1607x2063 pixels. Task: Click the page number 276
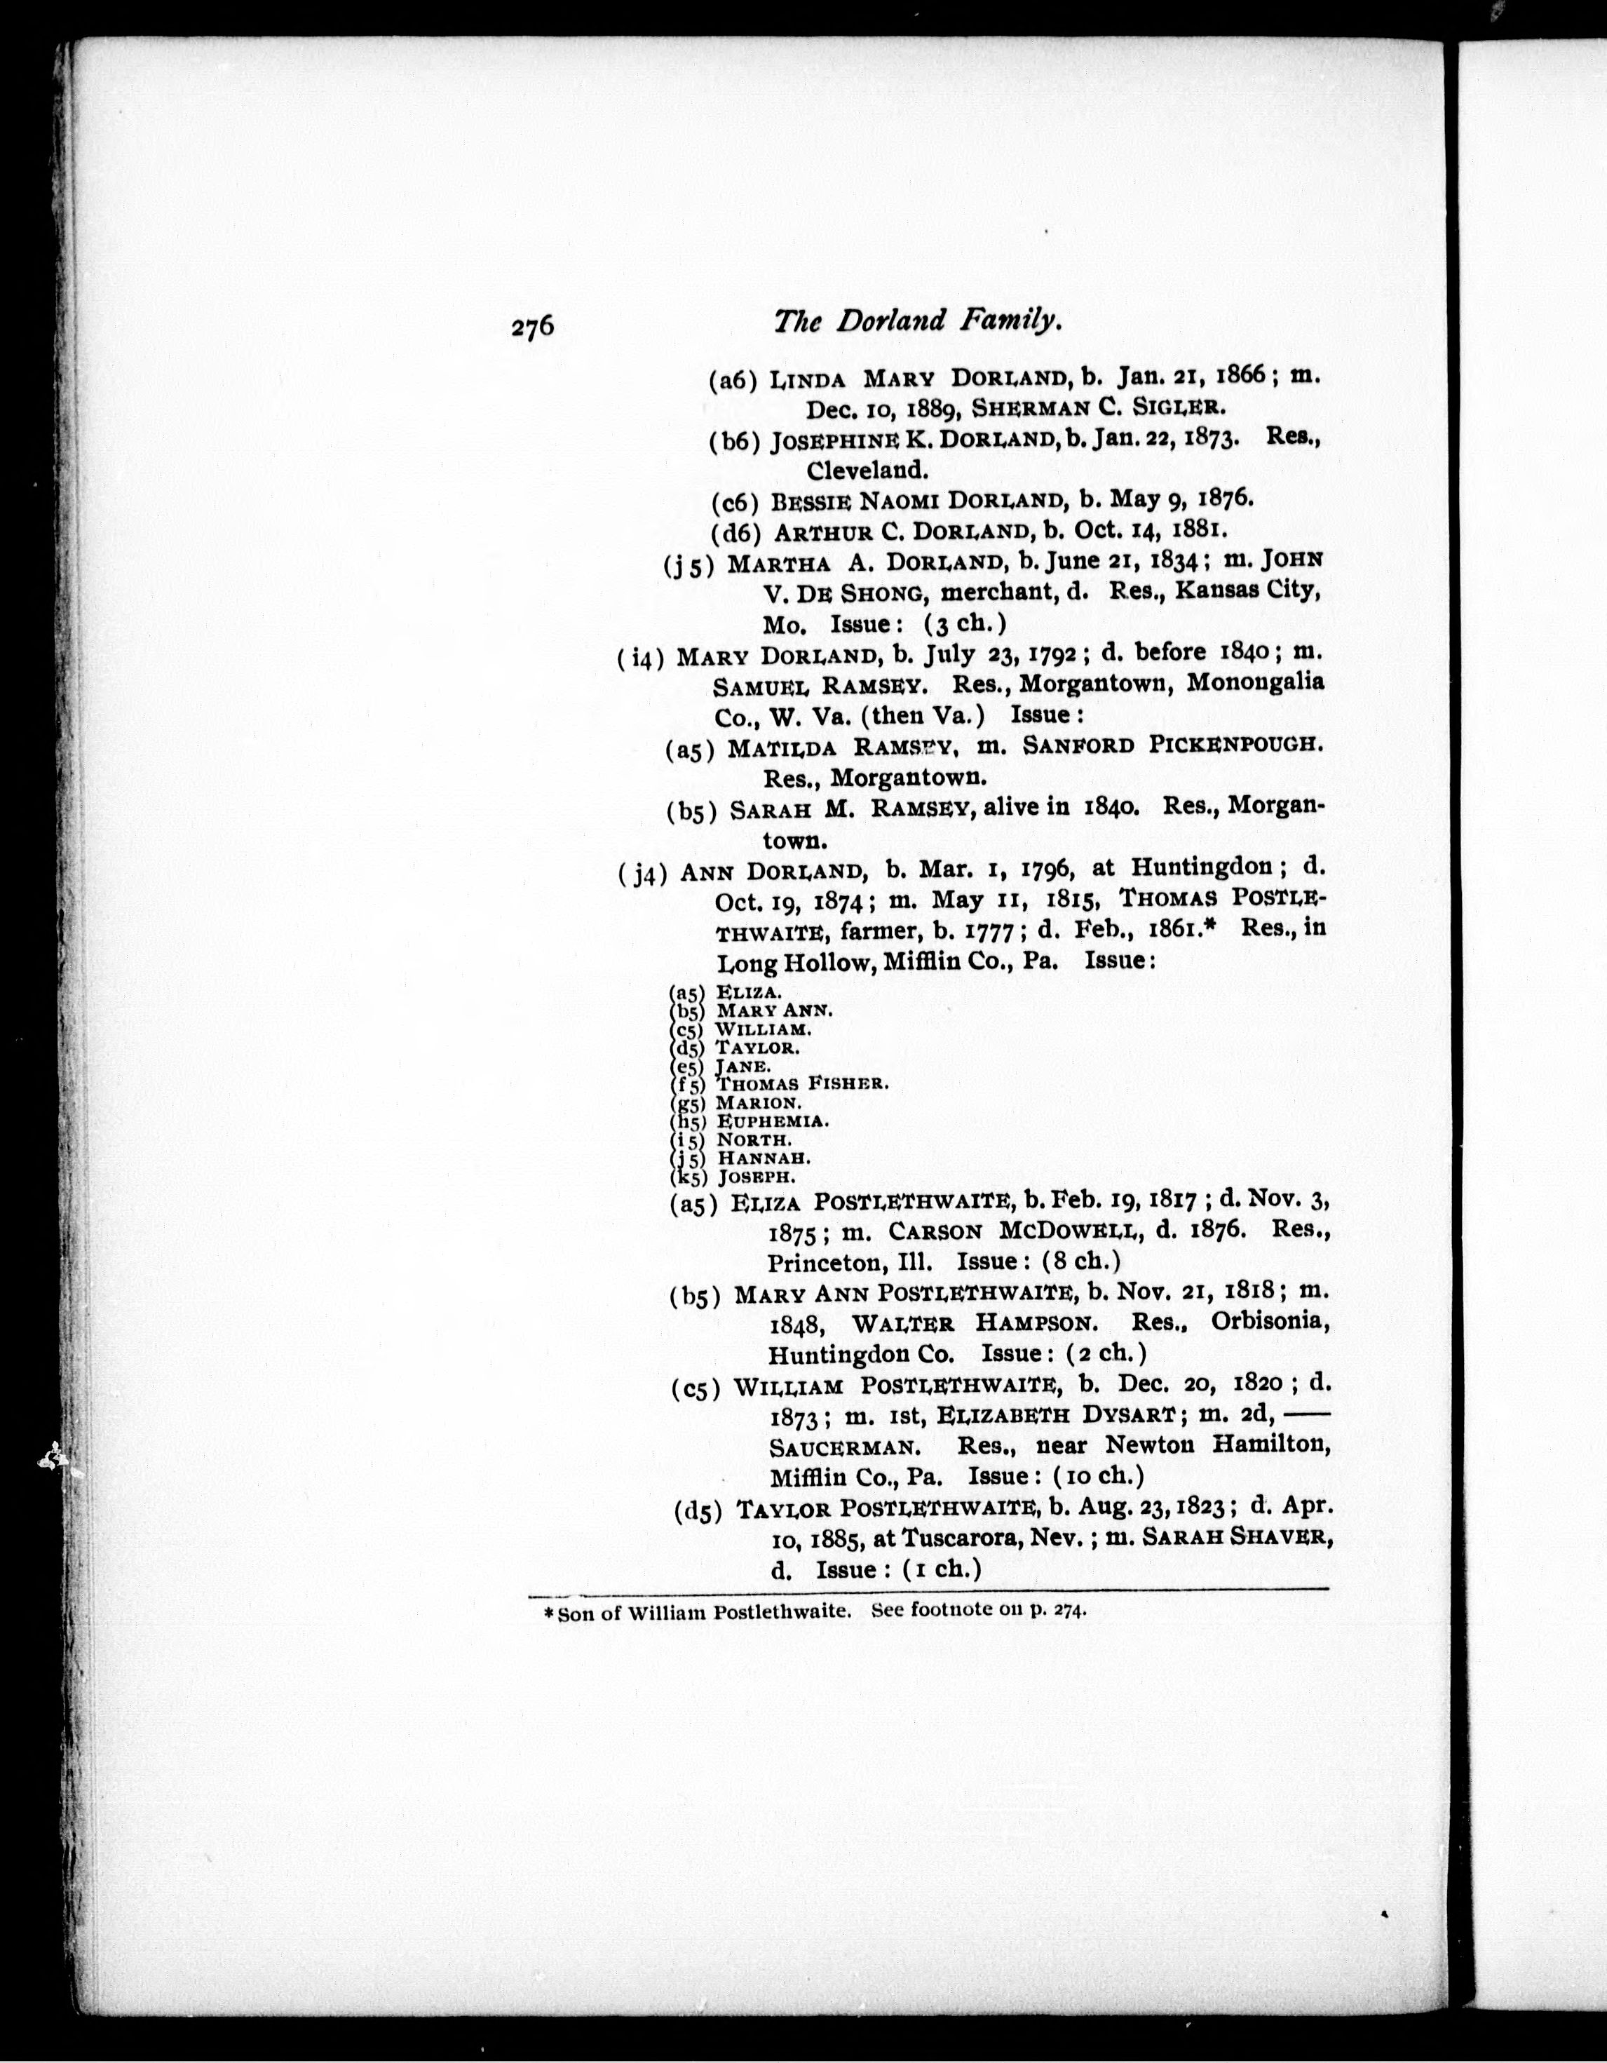pyautogui.click(x=532, y=327)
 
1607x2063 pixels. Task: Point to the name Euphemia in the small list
pyautogui.click(x=773, y=1121)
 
